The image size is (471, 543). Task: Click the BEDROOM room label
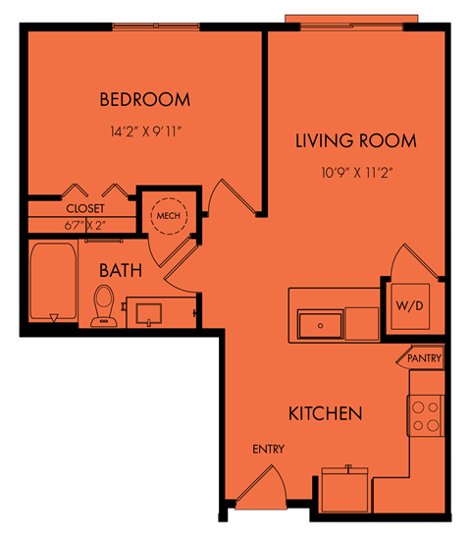tap(145, 99)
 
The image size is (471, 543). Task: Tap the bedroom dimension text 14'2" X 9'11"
tap(146, 132)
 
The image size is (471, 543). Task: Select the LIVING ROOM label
tap(356, 140)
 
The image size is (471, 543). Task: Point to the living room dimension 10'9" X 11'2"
tap(357, 172)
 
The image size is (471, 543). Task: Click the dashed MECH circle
tap(169, 198)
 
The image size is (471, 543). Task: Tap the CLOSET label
tap(85, 208)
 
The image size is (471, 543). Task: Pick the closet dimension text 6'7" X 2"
tap(84, 226)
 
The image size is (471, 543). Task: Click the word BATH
tap(121, 270)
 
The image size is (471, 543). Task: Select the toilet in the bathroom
tap(103, 305)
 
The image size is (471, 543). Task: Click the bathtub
tap(53, 282)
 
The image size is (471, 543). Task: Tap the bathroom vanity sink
tap(149, 314)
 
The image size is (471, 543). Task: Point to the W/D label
tap(410, 305)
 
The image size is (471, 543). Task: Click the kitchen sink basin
tap(320, 325)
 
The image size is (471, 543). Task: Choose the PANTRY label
tap(424, 358)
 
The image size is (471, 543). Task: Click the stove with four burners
tap(425, 416)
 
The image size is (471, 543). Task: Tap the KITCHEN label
tap(326, 413)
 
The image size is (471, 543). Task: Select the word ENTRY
tap(269, 449)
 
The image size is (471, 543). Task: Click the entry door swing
tap(262, 486)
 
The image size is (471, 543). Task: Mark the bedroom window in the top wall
tap(156, 27)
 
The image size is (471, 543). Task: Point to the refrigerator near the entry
tap(344, 490)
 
